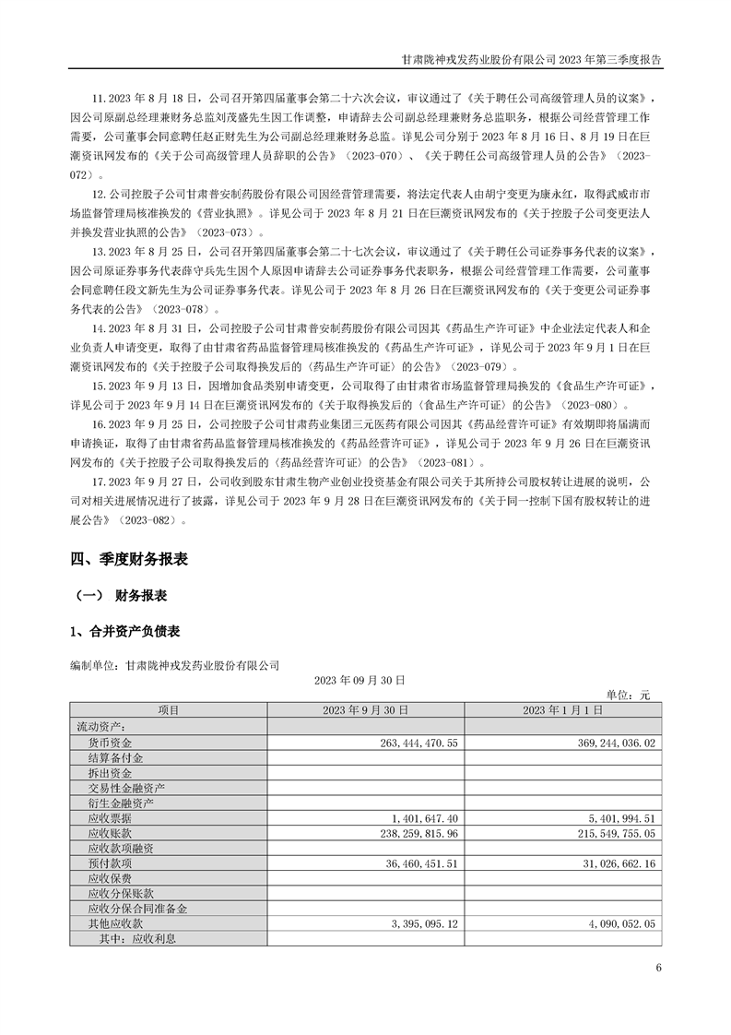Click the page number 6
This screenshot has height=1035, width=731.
pyautogui.click(x=658, y=968)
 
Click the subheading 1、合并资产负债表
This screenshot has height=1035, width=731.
pyautogui.click(x=124, y=631)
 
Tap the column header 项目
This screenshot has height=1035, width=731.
pyautogui.click(x=169, y=709)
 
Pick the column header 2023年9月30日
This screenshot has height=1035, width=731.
pyautogui.click(x=366, y=709)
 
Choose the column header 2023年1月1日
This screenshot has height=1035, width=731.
pyautogui.click(x=563, y=709)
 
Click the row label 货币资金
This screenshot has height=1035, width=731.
pyautogui.click(x=110, y=742)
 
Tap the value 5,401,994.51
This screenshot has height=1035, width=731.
pyautogui.click(x=617, y=817)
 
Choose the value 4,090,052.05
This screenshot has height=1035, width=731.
pyautogui.click(x=617, y=923)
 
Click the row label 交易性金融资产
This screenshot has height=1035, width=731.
pyautogui.click(x=126, y=787)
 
